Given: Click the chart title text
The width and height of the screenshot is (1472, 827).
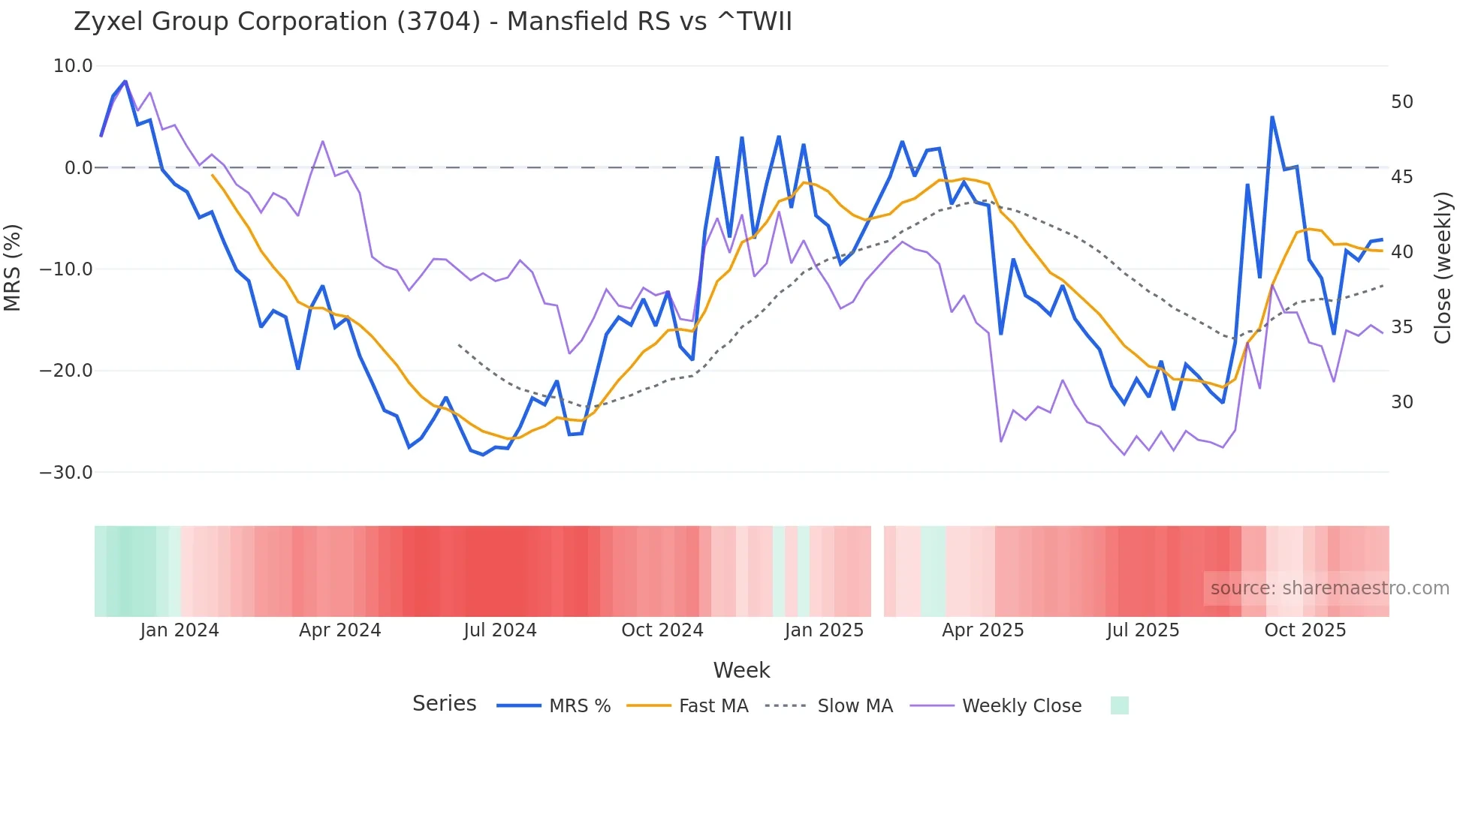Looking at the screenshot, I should pyautogui.click(x=433, y=22).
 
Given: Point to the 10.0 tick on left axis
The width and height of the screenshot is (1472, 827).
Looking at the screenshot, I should pyautogui.click(x=73, y=66).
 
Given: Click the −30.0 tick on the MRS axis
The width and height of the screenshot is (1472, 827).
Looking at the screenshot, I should pyautogui.click(x=66, y=473).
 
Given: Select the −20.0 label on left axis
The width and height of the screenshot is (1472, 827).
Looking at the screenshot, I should pyautogui.click(x=66, y=371).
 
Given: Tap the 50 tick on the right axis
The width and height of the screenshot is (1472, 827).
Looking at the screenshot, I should pyautogui.click(x=1401, y=102).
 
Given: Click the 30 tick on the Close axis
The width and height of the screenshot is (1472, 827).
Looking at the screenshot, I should pyautogui.click(x=1401, y=402).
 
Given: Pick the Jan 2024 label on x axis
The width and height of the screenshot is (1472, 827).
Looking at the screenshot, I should pyautogui.click(x=179, y=630).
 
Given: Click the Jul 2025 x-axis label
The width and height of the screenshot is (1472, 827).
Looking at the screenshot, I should pyautogui.click(x=1142, y=630).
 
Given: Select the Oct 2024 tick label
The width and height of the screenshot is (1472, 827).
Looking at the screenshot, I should pyautogui.click(x=662, y=630).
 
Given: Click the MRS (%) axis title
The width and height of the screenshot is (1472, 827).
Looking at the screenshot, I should pyautogui.click(x=13, y=267).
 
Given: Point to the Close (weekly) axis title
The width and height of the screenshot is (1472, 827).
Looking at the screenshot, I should pyautogui.click(x=1443, y=268).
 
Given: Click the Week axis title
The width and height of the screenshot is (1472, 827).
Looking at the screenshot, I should pyautogui.click(x=741, y=670).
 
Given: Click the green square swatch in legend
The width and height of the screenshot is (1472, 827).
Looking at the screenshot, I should pyautogui.click(x=1119, y=705).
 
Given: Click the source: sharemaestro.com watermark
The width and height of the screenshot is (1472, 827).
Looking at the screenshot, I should pyautogui.click(x=1329, y=588).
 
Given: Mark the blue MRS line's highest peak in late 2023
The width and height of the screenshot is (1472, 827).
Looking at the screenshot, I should pyautogui.click(x=125, y=81).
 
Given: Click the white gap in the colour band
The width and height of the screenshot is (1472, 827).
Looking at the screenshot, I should pyautogui.click(x=877, y=571).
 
